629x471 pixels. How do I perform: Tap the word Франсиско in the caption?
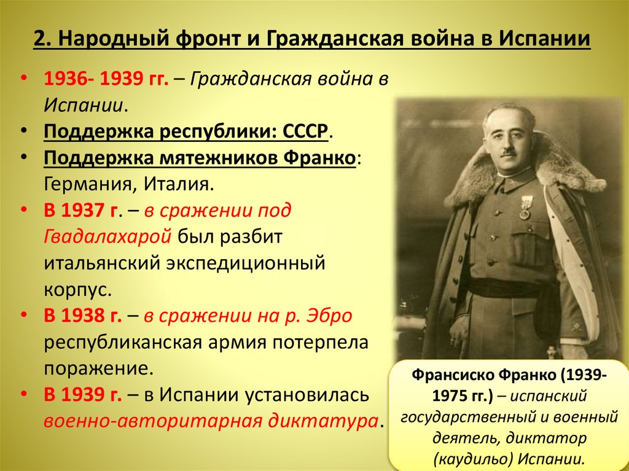point(449,375)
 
